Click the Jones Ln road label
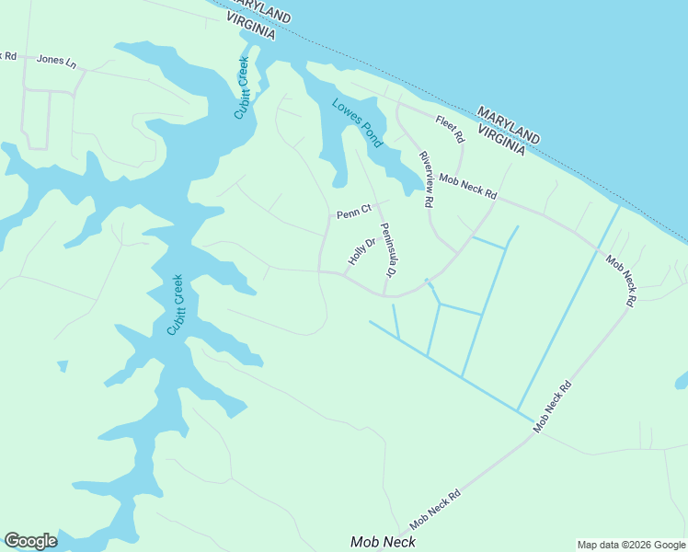tap(57, 60)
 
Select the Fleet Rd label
tap(450, 130)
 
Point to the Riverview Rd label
tap(426, 179)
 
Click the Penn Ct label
tap(353, 213)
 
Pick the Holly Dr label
tap(362, 251)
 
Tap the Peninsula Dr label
tap(387, 250)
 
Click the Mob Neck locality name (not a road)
tap(383, 542)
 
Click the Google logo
tap(30, 541)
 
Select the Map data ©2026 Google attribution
tap(630, 545)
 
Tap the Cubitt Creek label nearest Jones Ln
tap(242, 88)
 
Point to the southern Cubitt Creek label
tap(175, 305)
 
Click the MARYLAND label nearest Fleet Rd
tap(509, 124)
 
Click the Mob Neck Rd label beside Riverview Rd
tap(467, 187)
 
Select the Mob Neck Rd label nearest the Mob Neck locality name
tap(435, 508)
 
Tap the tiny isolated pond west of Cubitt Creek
tap(63, 366)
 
